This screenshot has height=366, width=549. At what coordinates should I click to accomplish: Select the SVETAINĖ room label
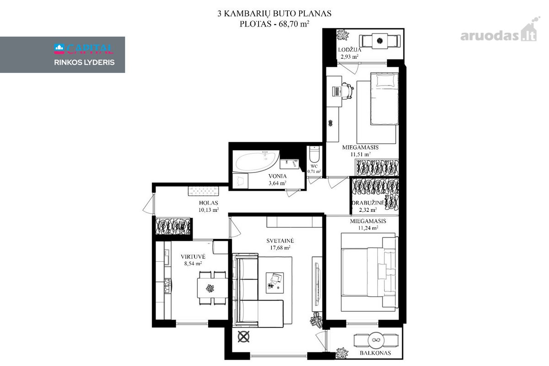(280, 241)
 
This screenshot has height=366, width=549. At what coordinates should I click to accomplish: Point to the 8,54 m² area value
(193, 264)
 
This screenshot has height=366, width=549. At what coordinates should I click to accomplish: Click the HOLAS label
(209, 203)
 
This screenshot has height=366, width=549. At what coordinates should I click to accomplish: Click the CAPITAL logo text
(84, 49)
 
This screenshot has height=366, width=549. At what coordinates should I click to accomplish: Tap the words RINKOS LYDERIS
(84, 62)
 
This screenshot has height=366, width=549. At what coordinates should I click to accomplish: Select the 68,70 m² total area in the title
(294, 24)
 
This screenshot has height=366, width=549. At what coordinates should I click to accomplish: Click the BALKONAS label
(375, 353)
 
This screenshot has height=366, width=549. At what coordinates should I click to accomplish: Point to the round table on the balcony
(376, 340)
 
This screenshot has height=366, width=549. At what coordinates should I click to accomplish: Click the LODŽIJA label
(350, 49)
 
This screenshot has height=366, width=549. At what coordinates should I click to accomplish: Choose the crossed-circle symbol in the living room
(243, 337)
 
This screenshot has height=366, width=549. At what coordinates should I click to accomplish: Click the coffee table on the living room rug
(275, 283)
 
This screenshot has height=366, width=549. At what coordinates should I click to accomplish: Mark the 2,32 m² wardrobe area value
(368, 210)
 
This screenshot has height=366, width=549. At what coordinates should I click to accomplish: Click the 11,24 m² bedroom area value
(368, 228)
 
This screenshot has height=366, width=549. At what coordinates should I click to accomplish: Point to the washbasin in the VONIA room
(290, 164)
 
